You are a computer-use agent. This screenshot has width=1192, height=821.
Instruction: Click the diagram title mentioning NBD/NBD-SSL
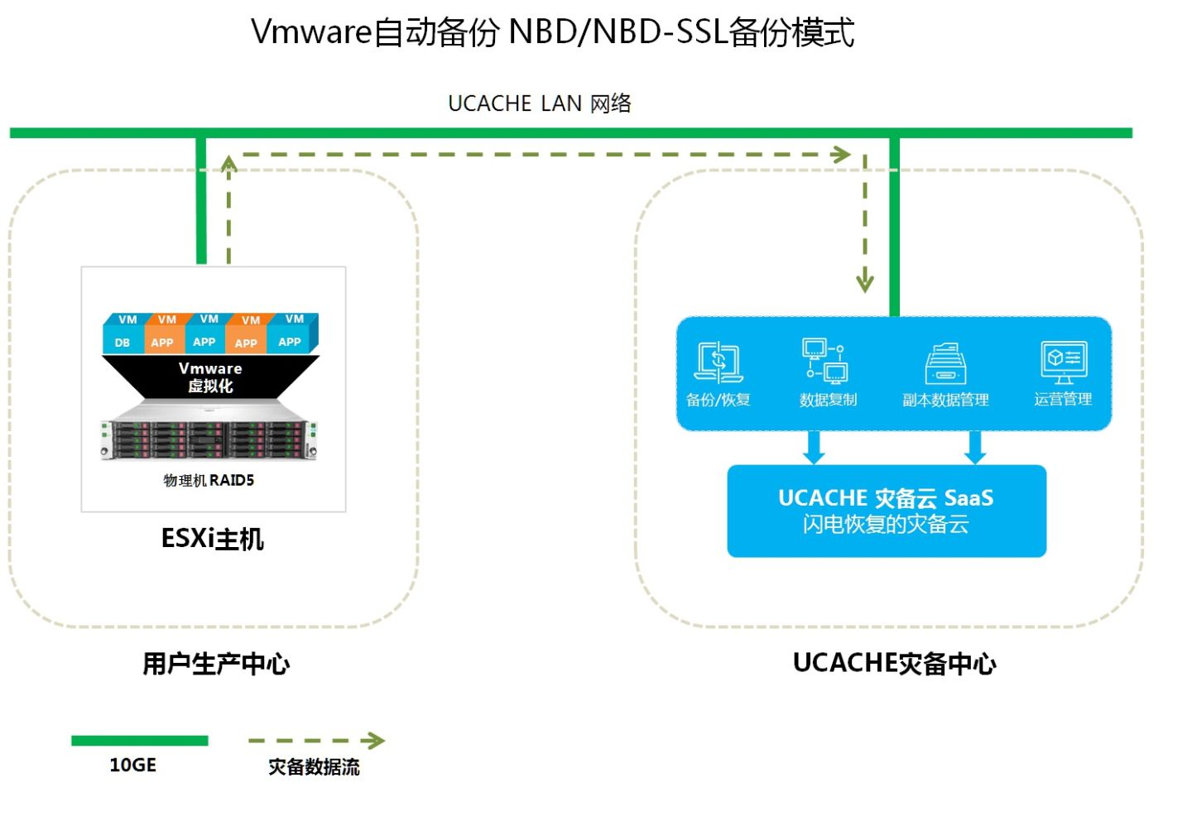[x=552, y=32]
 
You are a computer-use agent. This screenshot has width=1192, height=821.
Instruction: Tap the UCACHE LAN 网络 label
[x=539, y=103]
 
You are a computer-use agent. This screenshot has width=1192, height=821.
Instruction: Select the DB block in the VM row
[x=123, y=342]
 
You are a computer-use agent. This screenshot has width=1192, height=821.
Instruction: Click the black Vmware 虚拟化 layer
[x=210, y=377]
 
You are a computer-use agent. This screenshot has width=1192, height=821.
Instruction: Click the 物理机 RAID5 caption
[x=209, y=480]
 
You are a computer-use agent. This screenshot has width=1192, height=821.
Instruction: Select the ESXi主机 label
[x=213, y=539]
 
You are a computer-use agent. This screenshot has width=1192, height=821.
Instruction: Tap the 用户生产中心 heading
[x=216, y=663]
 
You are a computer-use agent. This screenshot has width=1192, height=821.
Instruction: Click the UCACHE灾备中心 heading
[x=894, y=663]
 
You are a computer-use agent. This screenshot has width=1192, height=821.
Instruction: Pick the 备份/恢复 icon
[x=718, y=362]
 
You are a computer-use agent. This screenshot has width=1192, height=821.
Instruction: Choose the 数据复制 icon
[x=825, y=361]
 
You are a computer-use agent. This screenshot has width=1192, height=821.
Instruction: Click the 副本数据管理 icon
[x=945, y=364]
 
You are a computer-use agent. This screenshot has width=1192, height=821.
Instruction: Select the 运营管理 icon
[x=1064, y=362]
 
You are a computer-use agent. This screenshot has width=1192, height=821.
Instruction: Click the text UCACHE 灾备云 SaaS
[x=886, y=497]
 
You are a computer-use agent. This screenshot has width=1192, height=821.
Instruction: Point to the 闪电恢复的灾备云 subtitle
[x=886, y=524]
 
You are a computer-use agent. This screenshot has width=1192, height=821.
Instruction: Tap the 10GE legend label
[x=133, y=765]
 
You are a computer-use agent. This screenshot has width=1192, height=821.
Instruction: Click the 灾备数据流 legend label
[x=314, y=766]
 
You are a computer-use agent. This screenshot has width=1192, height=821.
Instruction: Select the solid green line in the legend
[x=139, y=741]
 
